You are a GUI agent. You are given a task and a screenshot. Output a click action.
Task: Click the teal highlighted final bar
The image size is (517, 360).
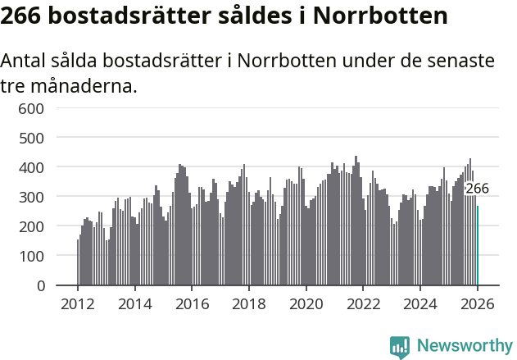click(x=478, y=246)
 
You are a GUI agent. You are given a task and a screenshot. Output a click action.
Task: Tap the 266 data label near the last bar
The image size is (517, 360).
click(x=477, y=189)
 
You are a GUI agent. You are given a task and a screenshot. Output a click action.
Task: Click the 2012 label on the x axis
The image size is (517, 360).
click(x=78, y=304)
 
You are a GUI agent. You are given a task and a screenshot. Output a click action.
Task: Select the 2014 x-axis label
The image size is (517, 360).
click(x=134, y=304)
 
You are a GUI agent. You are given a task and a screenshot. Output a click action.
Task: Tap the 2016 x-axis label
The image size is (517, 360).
click(x=192, y=304)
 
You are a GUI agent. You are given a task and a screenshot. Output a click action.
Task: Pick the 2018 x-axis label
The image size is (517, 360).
click(x=248, y=304)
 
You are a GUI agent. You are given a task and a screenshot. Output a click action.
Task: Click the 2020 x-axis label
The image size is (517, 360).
click(x=306, y=304)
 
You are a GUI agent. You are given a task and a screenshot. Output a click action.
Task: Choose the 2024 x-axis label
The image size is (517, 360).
click(x=419, y=304)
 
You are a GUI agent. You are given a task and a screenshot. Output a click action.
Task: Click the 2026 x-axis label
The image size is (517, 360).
click(x=477, y=304)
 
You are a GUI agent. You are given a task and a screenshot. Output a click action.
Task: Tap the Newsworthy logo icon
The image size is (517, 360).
click(x=400, y=346)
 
